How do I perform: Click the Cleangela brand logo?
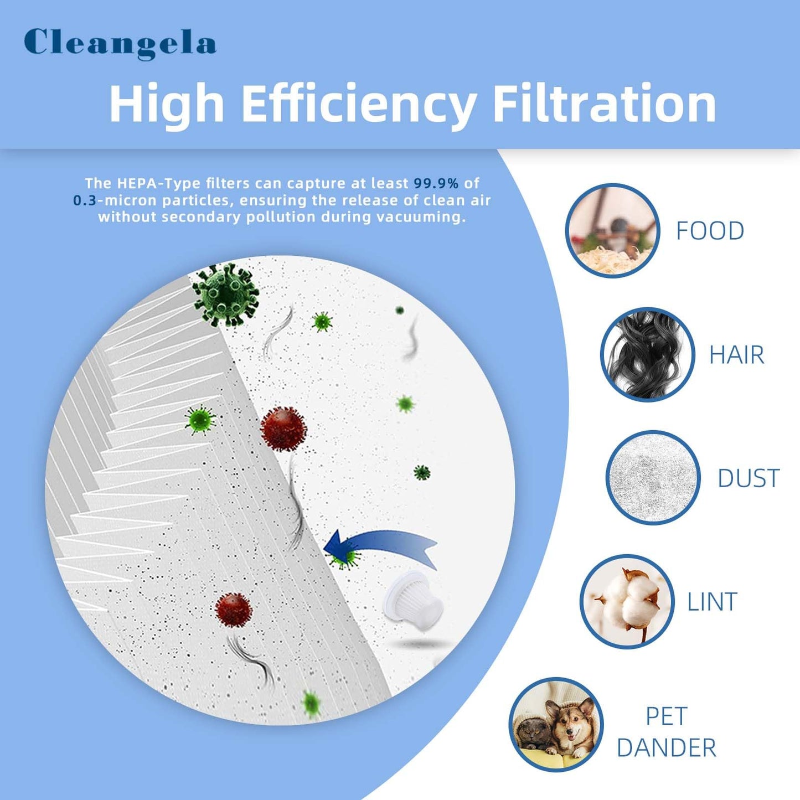tap(120, 43)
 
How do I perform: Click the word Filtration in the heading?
tap(604, 104)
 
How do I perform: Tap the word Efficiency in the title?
tap(359, 104)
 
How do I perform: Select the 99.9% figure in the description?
tap(436, 183)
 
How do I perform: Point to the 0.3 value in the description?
tap(85, 200)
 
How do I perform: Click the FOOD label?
tap(710, 231)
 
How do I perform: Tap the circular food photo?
tap(612, 230)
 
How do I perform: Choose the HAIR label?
tap(736, 355)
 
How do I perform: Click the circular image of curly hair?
tap(647, 354)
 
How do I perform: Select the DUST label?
tap(749, 478)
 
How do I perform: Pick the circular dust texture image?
tap(653, 477)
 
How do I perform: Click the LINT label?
tap(712, 602)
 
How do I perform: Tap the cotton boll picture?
tap(627, 601)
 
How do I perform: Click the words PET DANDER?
tap(666, 732)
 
